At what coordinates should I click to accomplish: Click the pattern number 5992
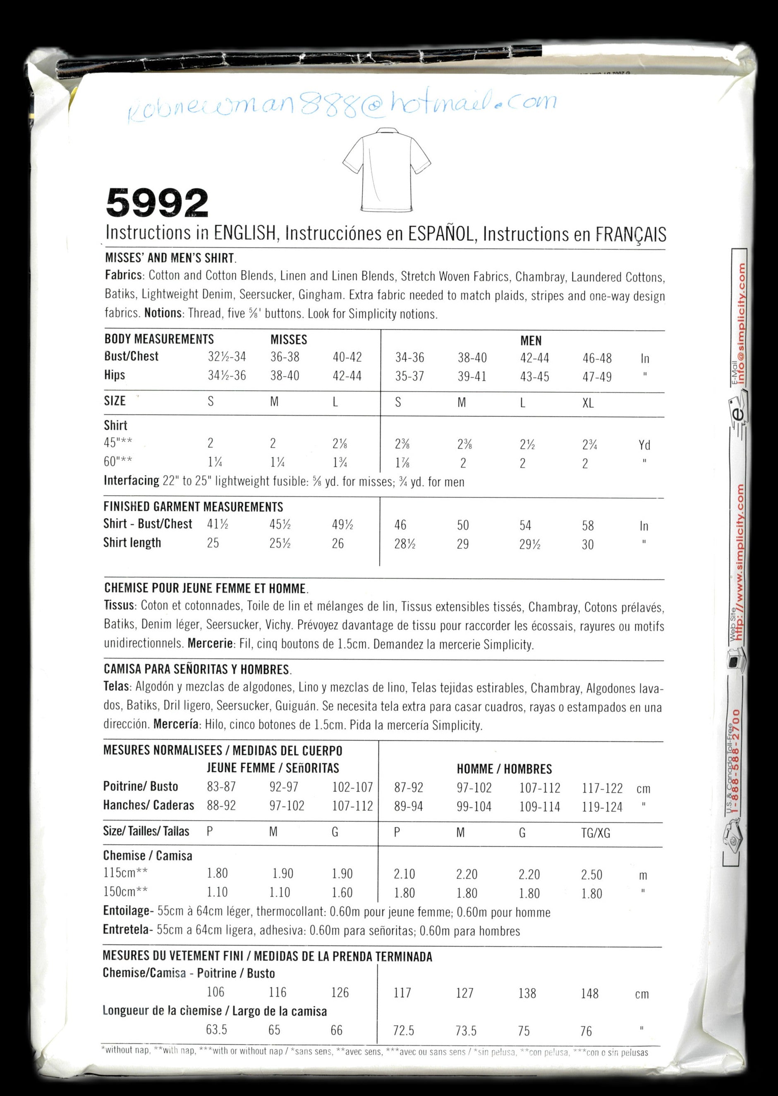coord(157,203)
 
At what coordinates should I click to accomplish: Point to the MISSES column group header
coord(288,340)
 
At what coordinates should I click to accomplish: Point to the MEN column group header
coord(531,341)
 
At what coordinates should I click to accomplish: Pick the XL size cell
coord(588,403)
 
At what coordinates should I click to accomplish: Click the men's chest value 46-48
coord(597,358)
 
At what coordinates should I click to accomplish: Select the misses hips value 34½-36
coord(227,375)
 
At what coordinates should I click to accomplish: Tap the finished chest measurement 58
coord(588,526)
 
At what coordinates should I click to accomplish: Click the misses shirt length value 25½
coord(280,543)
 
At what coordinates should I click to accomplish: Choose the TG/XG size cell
coord(596,833)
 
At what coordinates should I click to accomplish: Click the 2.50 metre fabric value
coord(591,875)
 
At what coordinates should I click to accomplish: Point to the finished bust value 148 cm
coord(590,993)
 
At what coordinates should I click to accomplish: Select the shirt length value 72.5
coord(403,1030)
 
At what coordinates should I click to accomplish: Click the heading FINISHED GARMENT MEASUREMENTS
coord(193,506)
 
